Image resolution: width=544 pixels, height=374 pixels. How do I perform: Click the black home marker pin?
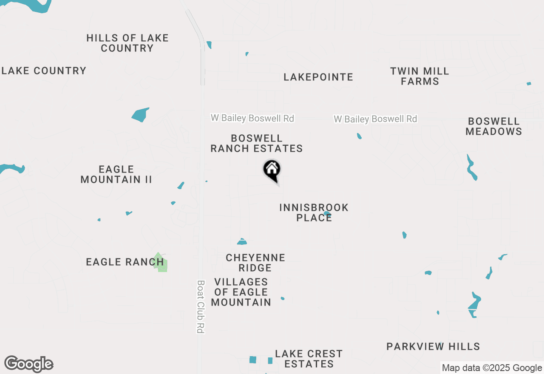click(x=272, y=170)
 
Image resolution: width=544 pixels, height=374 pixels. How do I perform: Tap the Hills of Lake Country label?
click(x=127, y=43)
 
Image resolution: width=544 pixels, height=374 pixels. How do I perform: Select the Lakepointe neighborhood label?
click(x=318, y=77)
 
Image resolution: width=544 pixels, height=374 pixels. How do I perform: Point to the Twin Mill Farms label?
click(x=420, y=76)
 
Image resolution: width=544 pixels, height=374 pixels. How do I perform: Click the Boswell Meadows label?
click(x=493, y=126)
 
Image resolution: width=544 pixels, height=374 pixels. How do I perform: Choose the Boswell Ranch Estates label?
click(x=257, y=143)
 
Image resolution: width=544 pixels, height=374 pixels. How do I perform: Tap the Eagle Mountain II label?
click(x=116, y=174)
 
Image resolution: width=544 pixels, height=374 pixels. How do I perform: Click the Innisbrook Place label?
click(x=314, y=212)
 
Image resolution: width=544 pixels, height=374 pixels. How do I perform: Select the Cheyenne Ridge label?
click(x=255, y=263)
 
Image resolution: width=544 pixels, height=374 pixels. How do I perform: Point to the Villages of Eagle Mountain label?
click(x=241, y=292)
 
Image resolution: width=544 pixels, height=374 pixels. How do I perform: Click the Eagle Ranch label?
click(x=125, y=262)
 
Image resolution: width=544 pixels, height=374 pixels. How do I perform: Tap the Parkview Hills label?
click(x=433, y=346)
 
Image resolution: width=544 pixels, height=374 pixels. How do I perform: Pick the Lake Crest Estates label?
click(x=309, y=359)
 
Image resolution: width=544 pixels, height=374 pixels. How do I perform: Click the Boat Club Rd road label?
click(x=201, y=306)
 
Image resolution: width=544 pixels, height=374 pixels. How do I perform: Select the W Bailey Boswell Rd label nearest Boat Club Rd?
click(x=252, y=118)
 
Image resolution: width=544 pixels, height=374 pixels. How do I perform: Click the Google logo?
click(x=29, y=364)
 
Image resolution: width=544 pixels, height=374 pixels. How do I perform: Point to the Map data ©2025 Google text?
click(x=492, y=368)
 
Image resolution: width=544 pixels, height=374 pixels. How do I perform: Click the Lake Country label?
click(x=44, y=71)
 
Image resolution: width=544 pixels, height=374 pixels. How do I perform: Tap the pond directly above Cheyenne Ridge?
click(x=242, y=242)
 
